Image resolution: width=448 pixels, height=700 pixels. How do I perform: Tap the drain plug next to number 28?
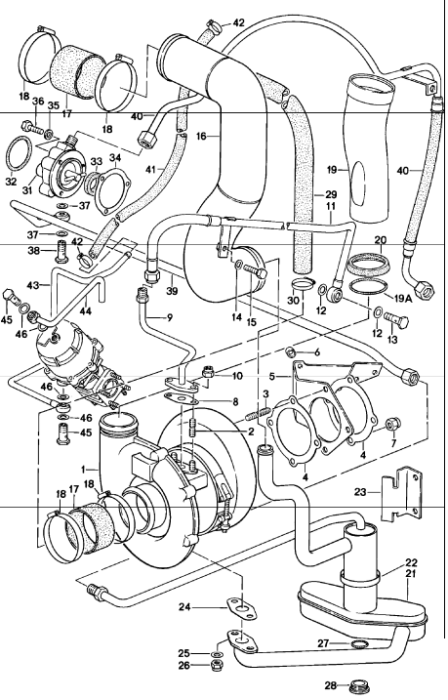pyautogui.click(x=357, y=687)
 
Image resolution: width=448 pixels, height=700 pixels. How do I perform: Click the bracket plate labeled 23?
pyautogui.click(x=400, y=498)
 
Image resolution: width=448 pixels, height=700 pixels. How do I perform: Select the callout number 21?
pyautogui.click(x=411, y=573)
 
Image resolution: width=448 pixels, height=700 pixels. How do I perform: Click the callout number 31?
pyautogui.click(x=28, y=191)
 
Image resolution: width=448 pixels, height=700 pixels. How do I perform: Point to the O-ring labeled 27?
pyautogui.click(x=358, y=644)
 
